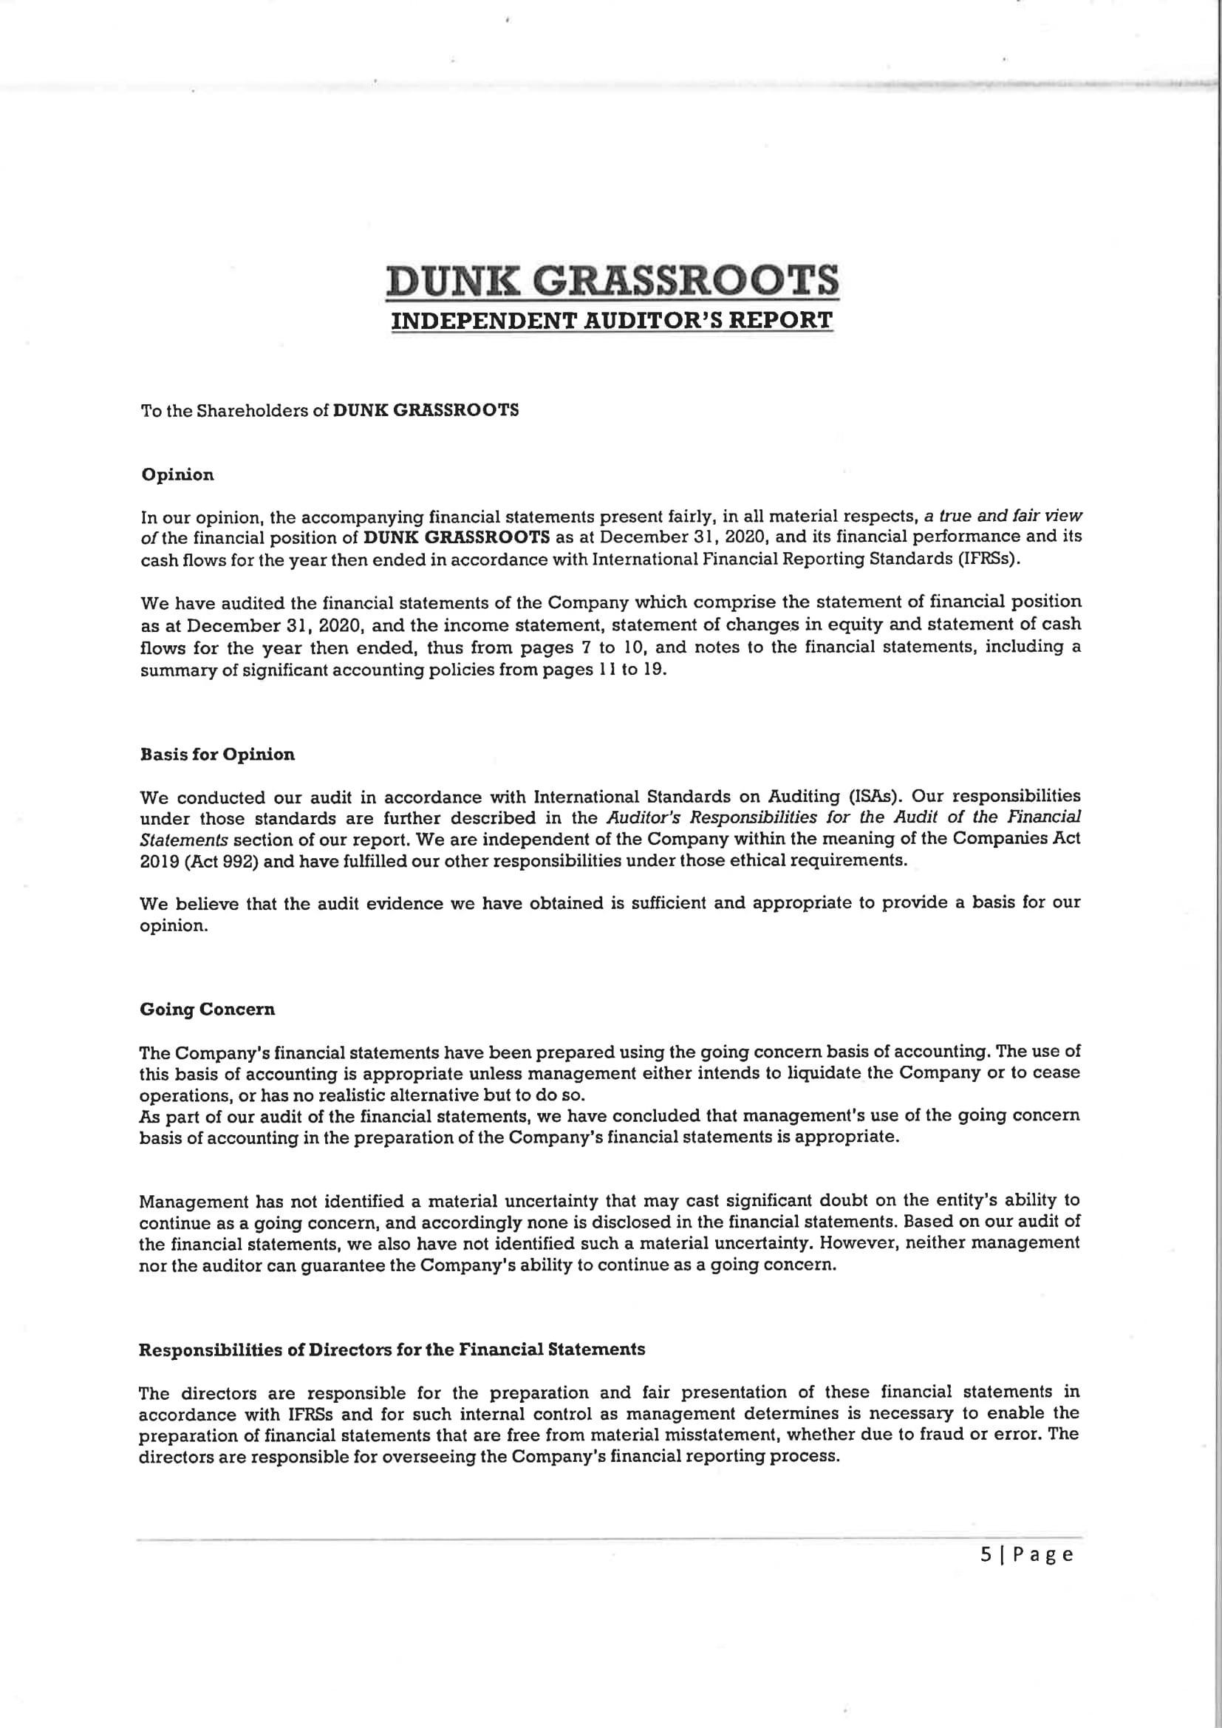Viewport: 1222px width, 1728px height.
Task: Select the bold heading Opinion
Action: click(x=177, y=475)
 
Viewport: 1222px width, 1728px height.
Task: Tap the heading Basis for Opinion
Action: click(x=217, y=755)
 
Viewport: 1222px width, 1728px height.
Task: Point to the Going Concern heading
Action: click(x=208, y=1010)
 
